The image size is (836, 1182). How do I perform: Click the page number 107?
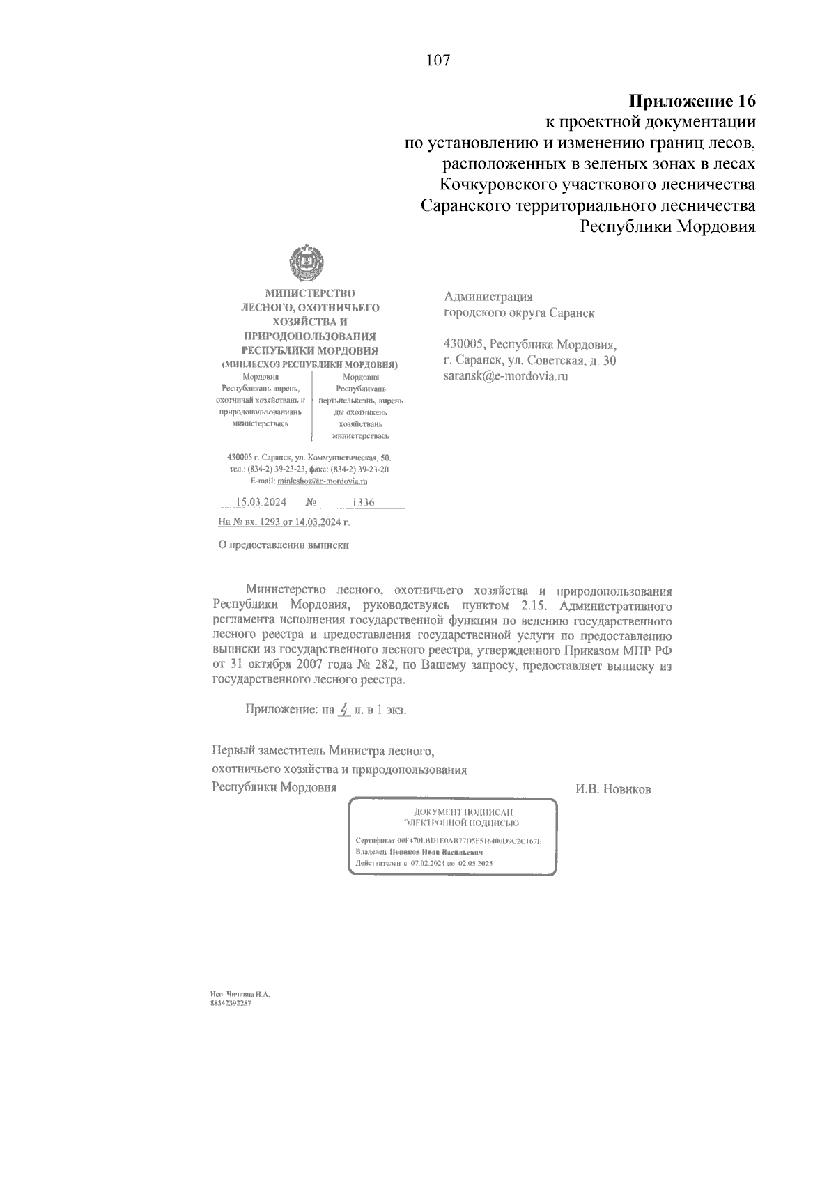pyautogui.click(x=438, y=61)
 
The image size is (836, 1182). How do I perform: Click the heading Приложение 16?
pyautogui.click(x=692, y=101)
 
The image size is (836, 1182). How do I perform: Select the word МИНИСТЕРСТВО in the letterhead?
pyautogui.click(x=309, y=293)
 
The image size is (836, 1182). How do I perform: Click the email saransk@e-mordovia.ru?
pyautogui.click(x=506, y=376)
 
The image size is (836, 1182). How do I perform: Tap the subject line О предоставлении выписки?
pyautogui.click(x=284, y=545)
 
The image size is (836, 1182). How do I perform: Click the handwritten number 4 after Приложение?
pyautogui.click(x=343, y=709)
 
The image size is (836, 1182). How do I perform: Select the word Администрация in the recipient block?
pyautogui.click(x=488, y=297)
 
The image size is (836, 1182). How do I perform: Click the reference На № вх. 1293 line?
pyautogui.click(x=284, y=522)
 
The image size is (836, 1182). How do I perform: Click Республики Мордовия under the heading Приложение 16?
pyautogui.click(x=668, y=227)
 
